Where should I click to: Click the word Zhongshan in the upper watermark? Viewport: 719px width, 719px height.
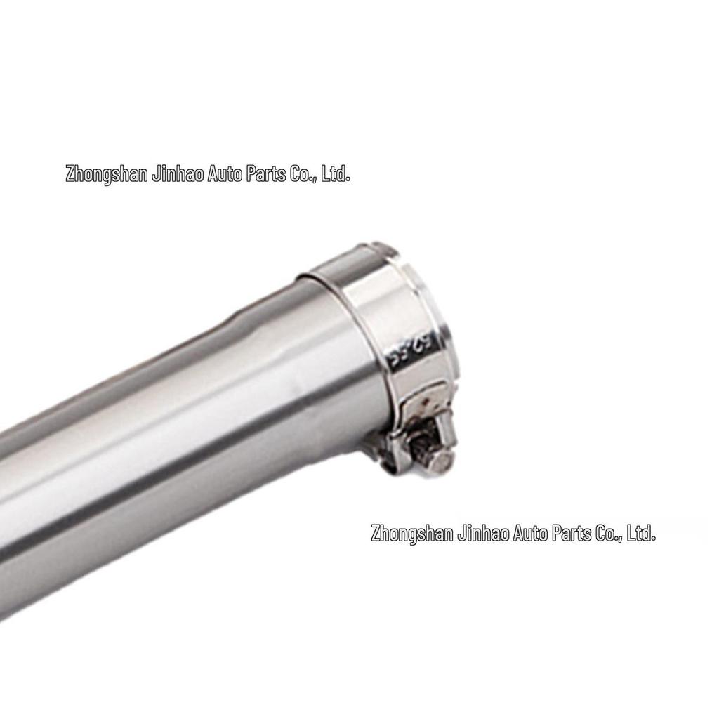coord(106,174)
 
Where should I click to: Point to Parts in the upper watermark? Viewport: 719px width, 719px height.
coord(267,174)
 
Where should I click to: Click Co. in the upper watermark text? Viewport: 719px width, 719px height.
coord(303,174)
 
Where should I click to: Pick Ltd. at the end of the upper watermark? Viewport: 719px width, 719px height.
coord(335,174)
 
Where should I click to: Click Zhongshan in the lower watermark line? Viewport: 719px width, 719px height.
coord(412,534)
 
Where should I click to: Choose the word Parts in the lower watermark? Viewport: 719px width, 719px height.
coord(573,534)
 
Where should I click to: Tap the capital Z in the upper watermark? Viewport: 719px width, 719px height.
coord(70,174)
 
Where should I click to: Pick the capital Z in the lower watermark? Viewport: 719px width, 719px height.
coord(376,534)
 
